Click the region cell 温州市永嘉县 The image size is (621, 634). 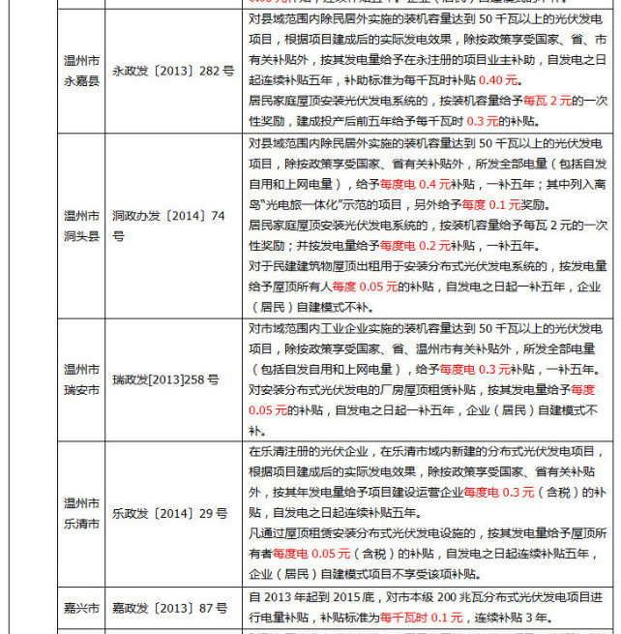[81, 71]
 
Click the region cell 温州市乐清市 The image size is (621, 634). [81, 512]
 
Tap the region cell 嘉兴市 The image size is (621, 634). [81, 608]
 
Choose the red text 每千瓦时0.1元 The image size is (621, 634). [422, 617]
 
